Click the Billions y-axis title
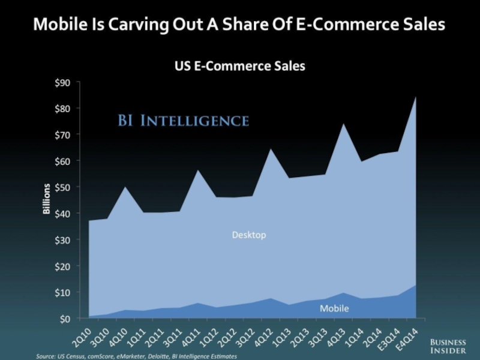(46, 200)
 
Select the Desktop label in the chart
(248, 235)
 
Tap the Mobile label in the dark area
(334, 308)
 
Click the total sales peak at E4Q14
(415, 97)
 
